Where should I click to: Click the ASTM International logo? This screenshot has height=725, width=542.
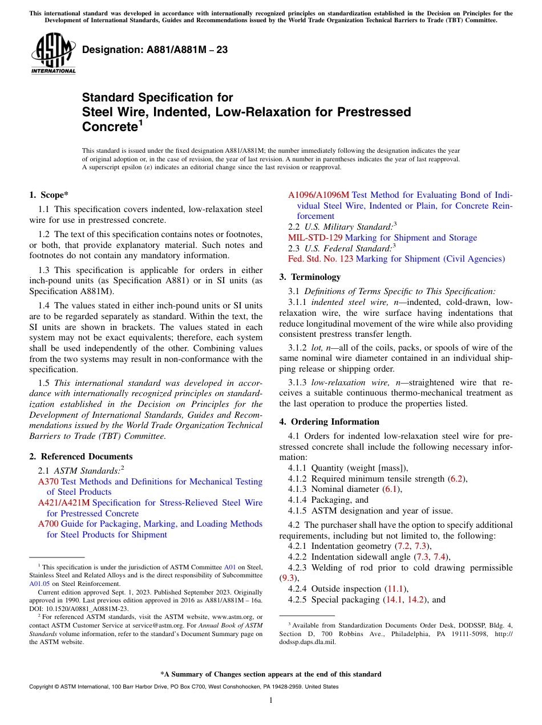(53, 54)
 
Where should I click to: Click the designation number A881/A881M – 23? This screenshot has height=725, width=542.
(155, 50)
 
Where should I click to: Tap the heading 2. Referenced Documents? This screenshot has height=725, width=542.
(80, 457)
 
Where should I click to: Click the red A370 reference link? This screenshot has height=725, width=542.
(48, 482)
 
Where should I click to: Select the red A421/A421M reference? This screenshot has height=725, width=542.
(64, 503)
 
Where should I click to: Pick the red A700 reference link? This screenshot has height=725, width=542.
(48, 524)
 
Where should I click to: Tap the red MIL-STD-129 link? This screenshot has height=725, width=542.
(316, 238)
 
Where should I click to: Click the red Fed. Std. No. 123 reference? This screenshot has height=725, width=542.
(320, 259)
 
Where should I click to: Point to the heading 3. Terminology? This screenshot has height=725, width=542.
(310, 277)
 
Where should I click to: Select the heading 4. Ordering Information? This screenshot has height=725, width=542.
(329, 422)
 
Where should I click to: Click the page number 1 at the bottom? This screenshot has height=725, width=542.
(271, 700)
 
